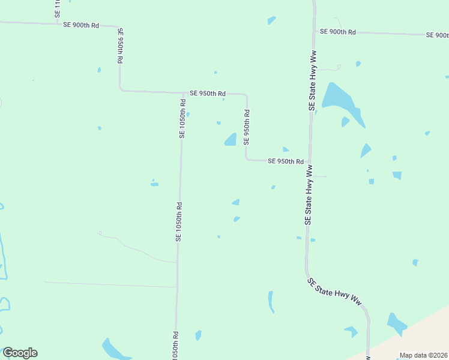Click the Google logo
(20, 353)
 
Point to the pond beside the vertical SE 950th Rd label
(231, 140)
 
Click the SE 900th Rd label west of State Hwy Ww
(80, 25)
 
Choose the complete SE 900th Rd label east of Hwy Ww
(338, 32)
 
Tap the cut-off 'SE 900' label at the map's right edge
(438, 35)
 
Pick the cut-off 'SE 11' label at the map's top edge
(57, 8)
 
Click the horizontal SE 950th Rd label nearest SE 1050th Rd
(207, 94)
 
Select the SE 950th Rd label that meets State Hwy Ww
(286, 161)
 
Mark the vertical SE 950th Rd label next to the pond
(246, 127)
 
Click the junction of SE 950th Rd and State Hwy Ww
(310, 161)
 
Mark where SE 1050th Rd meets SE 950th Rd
(183, 94)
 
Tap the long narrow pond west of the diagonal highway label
(271, 302)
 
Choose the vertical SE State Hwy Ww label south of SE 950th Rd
(309, 196)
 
